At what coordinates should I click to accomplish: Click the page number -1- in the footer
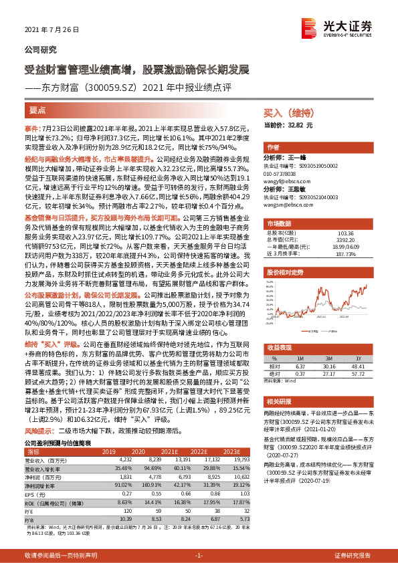(x=199, y=556)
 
